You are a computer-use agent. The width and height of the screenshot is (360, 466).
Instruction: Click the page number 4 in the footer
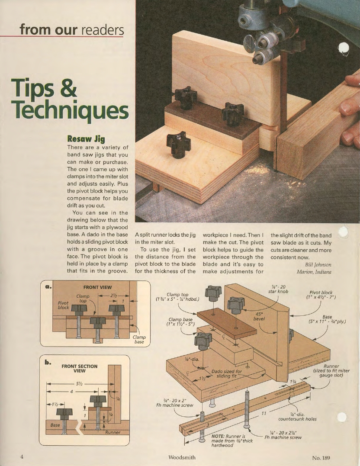pyautogui.click(x=22, y=457)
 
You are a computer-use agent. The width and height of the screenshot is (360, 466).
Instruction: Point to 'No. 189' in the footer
pyautogui.click(x=322, y=457)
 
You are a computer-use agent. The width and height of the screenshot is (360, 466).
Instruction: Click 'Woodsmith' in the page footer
pyautogui.click(x=182, y=457)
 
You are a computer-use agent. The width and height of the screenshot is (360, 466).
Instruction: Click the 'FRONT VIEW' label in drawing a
pyautogui.click(x=97, y=287)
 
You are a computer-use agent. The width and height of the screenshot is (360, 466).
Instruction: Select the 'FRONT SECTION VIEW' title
pyautogui.click(x=79, y=368)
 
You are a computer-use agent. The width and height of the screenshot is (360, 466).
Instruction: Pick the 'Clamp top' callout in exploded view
pyautogui.click(x=177, y=297)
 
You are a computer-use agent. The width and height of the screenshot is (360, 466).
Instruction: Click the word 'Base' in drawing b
pyautogui.click(x=55, y=425)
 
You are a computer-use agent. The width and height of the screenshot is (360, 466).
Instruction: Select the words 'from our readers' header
pyautogui.click(x=72, y=29)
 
